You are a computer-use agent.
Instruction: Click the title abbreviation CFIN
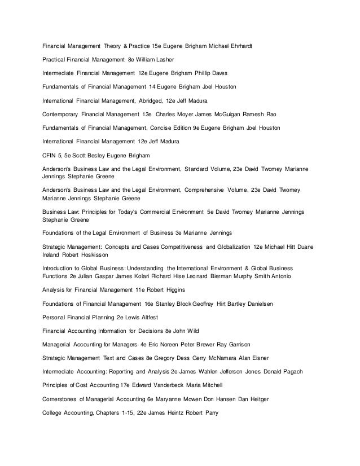point(50,155)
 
